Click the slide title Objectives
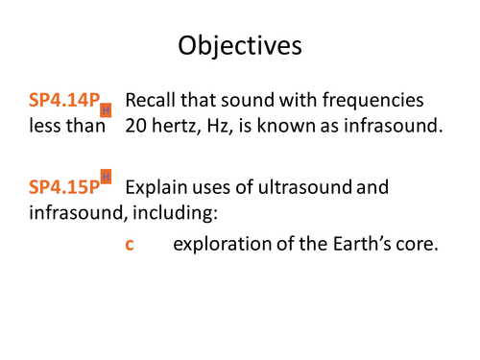[240, 45]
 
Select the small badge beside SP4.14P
[107, 110]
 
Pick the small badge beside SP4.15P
[107, 176]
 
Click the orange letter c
[130, 245]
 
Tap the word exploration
[220, 245]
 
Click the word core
[416, 245]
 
